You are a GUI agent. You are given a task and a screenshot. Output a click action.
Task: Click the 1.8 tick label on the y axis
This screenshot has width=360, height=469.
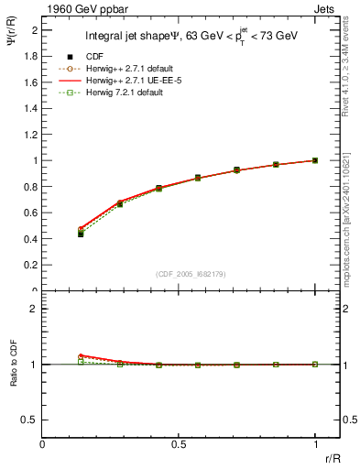[x=31, y=56]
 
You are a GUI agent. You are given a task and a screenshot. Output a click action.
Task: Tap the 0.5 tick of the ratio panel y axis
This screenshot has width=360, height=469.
[x=31, y=420]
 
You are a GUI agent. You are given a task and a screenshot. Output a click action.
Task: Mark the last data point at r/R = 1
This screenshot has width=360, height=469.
[x=315, y=160]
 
